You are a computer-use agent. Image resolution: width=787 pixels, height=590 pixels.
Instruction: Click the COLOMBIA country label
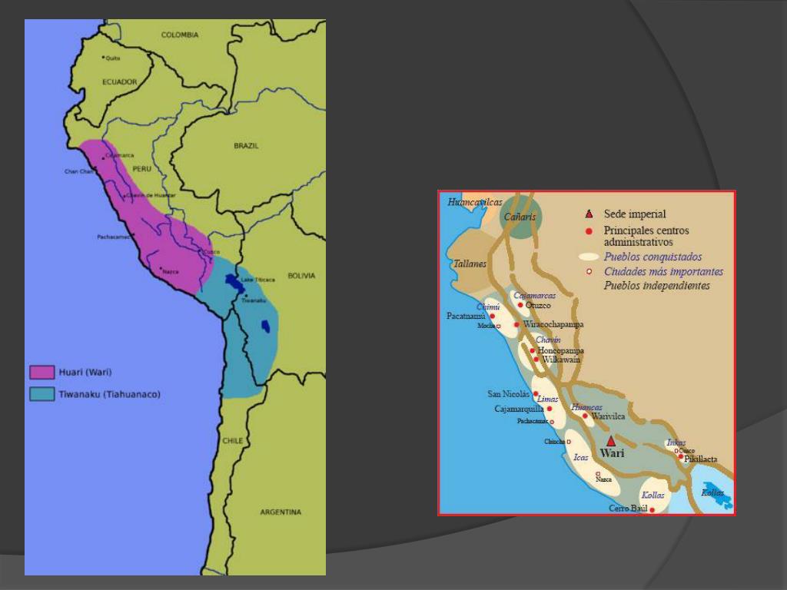(x=180, y=35)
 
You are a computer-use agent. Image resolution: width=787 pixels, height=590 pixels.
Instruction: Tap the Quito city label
(x=113, y=58)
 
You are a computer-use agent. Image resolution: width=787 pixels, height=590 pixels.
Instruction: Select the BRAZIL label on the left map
(x=246, y=145)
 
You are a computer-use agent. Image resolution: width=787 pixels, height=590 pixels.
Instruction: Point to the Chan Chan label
(x=78, y=171)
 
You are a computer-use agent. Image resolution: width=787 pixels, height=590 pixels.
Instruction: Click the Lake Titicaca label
(x=258, y=280)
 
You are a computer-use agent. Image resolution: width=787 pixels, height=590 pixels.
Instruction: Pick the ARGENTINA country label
(x=281, y=512)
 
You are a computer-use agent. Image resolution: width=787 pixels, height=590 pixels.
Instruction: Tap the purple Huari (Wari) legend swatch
(x=42, y=373)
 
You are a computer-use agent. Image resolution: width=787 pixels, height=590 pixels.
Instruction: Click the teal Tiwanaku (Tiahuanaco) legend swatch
(x=42, y=394)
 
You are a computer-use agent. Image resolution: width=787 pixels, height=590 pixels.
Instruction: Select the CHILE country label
(x=233, y=441)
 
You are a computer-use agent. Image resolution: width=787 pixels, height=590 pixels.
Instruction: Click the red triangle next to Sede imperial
(x=589, y=214)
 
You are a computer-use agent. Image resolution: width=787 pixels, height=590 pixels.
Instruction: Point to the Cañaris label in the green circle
(x=520, y=217)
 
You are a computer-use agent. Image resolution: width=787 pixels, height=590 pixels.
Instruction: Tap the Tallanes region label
(x=470, y=264)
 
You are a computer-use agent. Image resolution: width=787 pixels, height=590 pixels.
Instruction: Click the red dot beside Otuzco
(x=520, y=305)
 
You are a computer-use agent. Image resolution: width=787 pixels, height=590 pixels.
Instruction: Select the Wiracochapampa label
(x=553, y=324)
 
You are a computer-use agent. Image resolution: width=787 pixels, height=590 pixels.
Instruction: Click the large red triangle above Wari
(x=611, y=441)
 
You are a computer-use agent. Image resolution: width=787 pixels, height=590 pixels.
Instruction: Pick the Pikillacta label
(x=701, y=459)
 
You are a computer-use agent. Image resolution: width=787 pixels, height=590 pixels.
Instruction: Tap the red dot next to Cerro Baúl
(x=653, y=509)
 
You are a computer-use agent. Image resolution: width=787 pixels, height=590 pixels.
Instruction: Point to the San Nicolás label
(x=509, y=394)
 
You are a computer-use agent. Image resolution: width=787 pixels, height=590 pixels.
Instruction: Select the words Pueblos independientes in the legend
(x=657, y=285)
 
